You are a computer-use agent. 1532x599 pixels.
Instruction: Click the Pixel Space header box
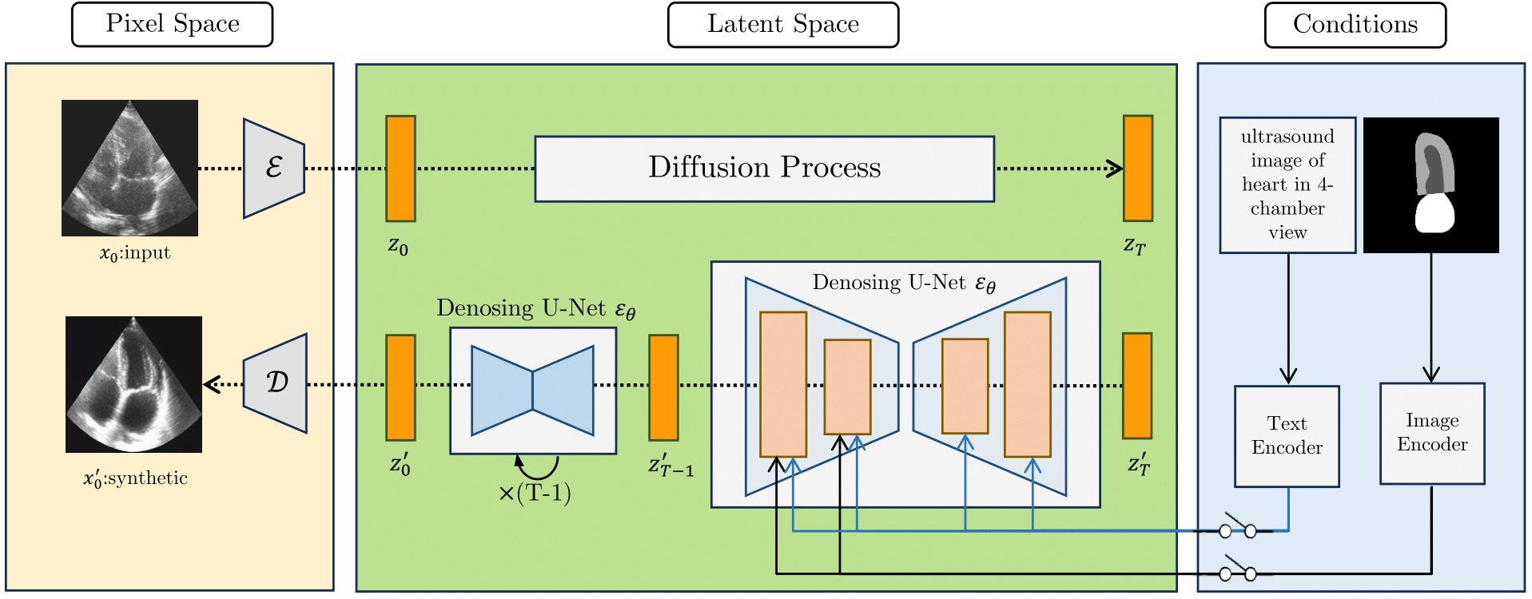[x=172, y=25]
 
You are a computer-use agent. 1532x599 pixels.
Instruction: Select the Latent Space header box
[x=782, y=25]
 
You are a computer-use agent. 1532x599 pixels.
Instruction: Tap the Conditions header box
[x=1355, y=25]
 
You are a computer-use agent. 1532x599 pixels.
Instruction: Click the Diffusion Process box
[x=764, y=169]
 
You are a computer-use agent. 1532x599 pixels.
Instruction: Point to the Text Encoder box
[x=1286, y=436]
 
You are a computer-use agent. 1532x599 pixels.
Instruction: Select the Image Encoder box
[x=1431, y=433]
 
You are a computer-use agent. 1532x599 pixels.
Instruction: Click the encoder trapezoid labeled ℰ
[x=274, y=168]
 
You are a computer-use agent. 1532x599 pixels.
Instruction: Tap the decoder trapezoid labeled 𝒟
[x=276, y=383]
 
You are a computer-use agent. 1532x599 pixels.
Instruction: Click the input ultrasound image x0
[x=129, y=168]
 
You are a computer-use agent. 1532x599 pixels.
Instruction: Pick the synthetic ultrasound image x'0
[x=133, y=384]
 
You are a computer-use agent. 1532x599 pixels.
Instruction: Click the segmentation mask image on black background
[x=1431, y=185]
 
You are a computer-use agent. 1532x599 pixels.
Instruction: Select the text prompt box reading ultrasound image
[x=1287, y=185]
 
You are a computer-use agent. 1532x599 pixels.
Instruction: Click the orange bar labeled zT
[x=1137, y=168]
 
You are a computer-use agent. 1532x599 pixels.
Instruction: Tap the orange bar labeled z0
[x=400, y=168]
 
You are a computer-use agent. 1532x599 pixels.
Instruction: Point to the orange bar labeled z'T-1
[x=663, y=387]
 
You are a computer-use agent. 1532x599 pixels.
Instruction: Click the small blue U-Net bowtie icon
[x=532, y=391]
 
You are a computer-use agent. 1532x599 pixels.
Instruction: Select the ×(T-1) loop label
[x=535, y=493]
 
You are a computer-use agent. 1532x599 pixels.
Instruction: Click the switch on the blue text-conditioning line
[x=1237, y=529]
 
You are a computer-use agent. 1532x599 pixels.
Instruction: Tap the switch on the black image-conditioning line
[x=1237, y=572]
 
